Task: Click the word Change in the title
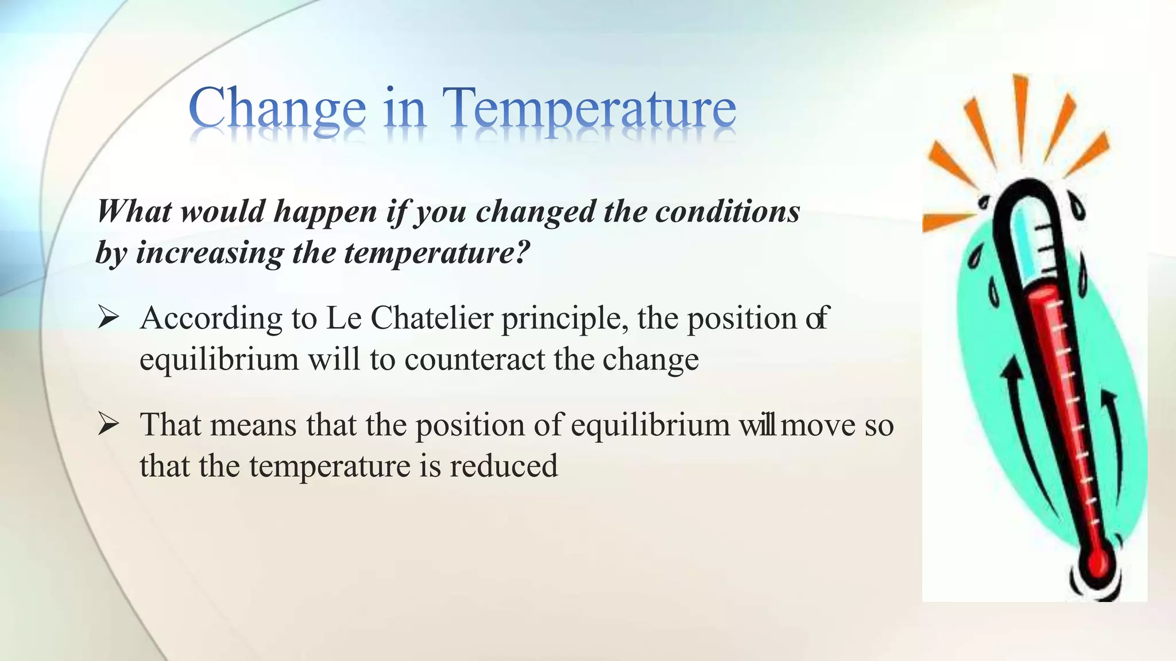click(x=277, y=109)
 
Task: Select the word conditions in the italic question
click(x=728, y=211)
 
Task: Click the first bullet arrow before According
click(x=108, y=317)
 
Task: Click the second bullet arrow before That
click(x=108, y=425)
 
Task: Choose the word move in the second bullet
click(x=818, y=426)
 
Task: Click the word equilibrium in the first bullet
click(x=219, y=360)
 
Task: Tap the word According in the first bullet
click(x=211, y=318)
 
